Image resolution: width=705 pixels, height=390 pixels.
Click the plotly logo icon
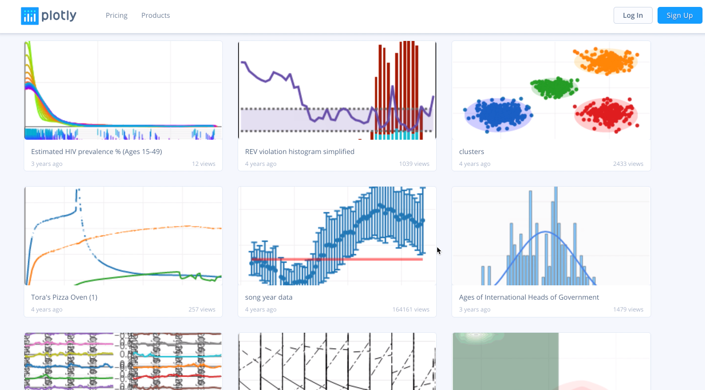30,16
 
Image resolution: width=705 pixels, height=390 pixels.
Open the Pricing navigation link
117,15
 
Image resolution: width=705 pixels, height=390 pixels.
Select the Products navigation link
156,15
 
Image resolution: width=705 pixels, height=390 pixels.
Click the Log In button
632,15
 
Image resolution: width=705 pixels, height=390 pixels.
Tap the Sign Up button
679,15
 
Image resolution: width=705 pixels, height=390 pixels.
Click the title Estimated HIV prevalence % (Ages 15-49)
96,152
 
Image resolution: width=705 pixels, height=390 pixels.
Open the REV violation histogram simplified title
299,152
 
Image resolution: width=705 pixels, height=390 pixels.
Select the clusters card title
471,152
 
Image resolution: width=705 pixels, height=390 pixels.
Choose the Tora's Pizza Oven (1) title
64,297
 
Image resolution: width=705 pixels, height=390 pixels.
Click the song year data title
269,297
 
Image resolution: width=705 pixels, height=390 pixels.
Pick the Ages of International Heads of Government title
529,297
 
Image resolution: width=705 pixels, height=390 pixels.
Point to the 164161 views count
411,310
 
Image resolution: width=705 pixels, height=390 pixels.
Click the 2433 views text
628,164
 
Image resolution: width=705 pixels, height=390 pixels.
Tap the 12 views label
204,164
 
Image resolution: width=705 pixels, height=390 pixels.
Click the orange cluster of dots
605,62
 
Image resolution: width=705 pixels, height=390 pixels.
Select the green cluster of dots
554,87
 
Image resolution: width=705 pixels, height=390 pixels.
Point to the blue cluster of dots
498,114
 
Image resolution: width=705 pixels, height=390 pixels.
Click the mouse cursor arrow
439,250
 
